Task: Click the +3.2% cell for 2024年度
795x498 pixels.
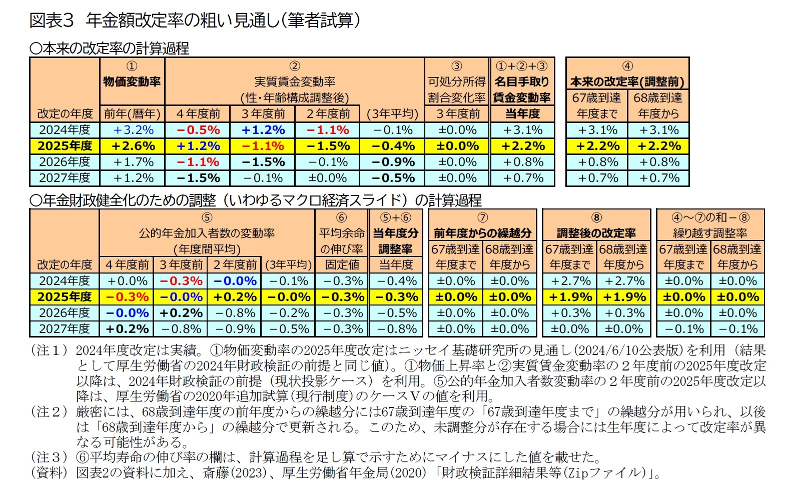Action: (133, 130)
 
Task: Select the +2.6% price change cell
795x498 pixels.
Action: (133, 146)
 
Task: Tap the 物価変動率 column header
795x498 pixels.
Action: (132, 81)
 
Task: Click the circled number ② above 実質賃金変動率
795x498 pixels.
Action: (294, 66)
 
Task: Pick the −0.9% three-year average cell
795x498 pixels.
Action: (392, 162)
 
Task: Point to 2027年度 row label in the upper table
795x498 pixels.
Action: (65, 178)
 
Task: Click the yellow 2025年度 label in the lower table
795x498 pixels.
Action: (65, 297)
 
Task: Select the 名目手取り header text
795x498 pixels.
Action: (522, 81)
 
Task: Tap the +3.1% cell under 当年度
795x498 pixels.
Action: (522, 130)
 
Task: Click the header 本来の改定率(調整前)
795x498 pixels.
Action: (627, 81)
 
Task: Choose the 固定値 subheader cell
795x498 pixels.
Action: (342, 264)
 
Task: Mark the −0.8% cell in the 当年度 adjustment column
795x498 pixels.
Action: (396, 329)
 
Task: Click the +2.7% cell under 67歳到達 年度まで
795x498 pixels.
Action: (569, 281)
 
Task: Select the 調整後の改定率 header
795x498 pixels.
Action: (596, 233)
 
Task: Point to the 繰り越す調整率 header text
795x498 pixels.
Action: (710, 233)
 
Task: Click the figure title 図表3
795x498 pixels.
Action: (52, 20)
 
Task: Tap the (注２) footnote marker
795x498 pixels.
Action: (50, 412)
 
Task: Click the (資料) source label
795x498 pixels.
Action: (50, 472)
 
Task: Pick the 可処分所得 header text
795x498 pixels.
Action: (456, 81)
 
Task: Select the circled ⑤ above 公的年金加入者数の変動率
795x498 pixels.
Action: (207, 217)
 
